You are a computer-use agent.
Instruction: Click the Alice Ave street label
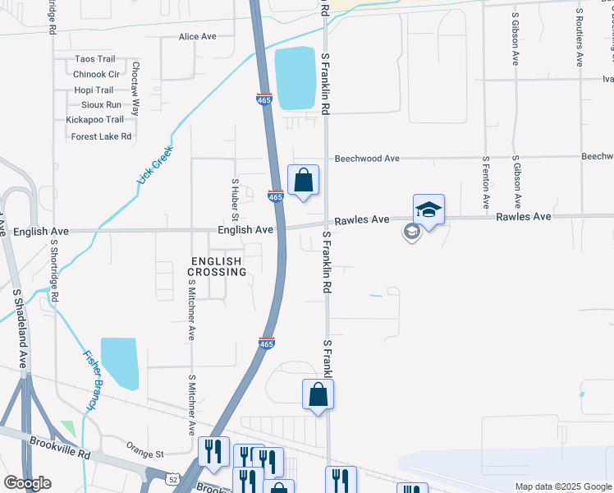point(197,37)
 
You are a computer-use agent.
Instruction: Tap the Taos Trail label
point(94,59)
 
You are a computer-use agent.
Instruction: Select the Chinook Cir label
point(96,74)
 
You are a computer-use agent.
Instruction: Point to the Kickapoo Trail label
point(94,120)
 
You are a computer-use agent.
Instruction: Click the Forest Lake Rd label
point(101,136)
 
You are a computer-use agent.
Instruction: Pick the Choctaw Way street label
point(136,88)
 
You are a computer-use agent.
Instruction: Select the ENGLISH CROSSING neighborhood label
point(217,266)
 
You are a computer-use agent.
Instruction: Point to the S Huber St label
point(235,200)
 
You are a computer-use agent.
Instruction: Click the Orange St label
point(145,451)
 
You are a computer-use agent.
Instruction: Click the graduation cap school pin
point(428,210)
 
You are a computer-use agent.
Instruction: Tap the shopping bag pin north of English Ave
point(304,180)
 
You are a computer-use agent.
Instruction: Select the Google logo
point(27,483)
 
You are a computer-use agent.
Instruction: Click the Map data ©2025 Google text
point(562,486)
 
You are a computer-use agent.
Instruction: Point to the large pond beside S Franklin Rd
point(296,78)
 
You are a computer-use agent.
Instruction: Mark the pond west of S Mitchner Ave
point(120,362)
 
